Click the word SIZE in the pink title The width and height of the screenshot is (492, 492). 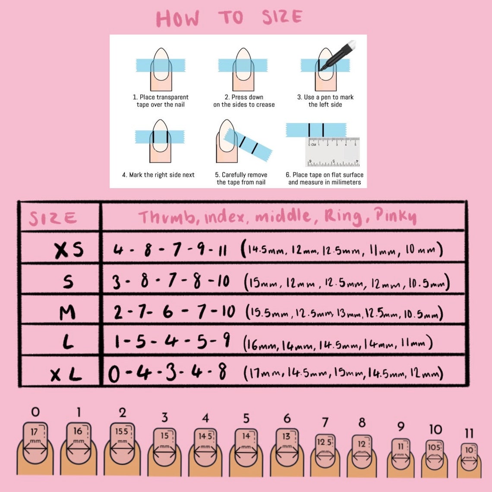pyautogui.click(x=282, y=17)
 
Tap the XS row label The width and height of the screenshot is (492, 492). pyautogui.click(x=69, y=250)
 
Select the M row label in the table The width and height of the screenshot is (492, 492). pyautogui.click(x=67, y=312)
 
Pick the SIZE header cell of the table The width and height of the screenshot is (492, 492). pyautogui.click(x=53, y=218)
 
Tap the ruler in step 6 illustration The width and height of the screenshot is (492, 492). pyautogui.click(x=332, y=152)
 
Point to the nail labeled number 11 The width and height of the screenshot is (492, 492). pyautogui.click(x=469, y=457)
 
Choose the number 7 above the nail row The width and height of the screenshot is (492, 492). pyautogui.click(x=325, y=422)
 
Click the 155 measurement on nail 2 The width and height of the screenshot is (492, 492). pyautogui.click(x=122, y=431)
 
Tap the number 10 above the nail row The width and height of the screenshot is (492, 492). pyautogui.click(x=435, y=429)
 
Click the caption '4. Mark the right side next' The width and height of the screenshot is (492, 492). pyautogui.click(x=158, y=175)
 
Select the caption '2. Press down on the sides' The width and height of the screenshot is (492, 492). pyautogui.click(x=244, y=101)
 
